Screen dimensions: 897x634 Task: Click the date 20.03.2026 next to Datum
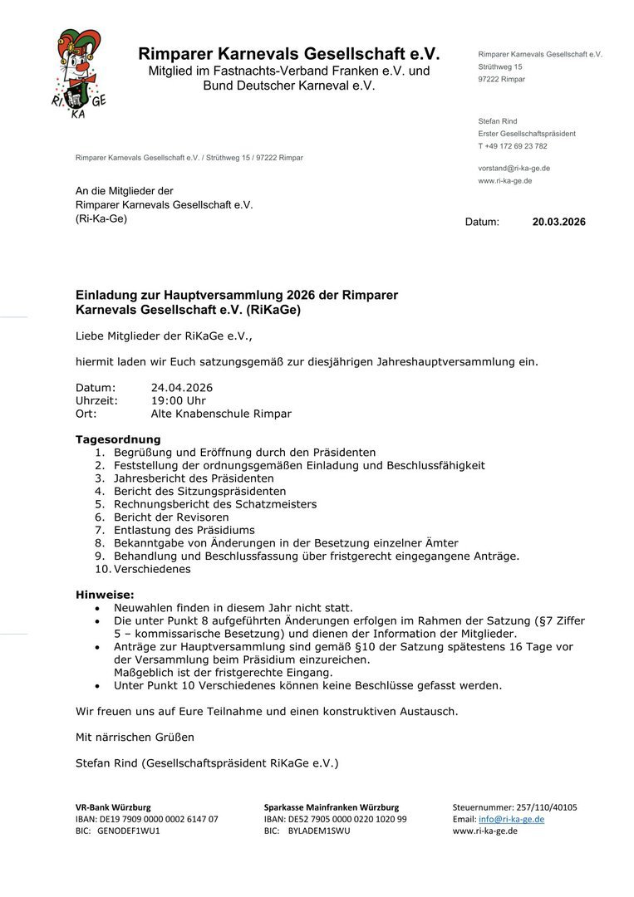(558, 222)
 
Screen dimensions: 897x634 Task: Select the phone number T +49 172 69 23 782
(513, 146)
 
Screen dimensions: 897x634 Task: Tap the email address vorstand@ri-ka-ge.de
(514, 168)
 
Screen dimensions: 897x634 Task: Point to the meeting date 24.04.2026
(182, 387)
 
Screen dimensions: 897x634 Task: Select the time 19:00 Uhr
(178, 400)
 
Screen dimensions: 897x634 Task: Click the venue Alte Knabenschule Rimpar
(221, 414)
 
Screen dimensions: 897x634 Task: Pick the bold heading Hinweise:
(105, 595)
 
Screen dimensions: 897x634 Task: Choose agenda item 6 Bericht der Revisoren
(171, 517)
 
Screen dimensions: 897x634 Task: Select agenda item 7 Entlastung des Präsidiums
(184, 530)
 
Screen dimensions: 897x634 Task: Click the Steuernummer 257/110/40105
(546, 807)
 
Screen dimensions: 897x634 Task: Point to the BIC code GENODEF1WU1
(129, 831)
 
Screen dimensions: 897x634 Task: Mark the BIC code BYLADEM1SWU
(319, 831)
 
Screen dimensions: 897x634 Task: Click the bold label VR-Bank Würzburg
(113, 807)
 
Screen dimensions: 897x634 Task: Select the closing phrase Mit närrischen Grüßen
(135, 737)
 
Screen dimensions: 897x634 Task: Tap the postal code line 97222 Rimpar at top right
(502, 79)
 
